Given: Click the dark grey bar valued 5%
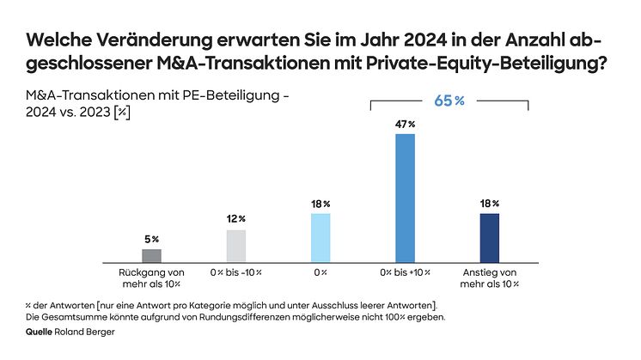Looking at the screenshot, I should (151, 254).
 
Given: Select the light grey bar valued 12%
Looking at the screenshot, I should (235, 245).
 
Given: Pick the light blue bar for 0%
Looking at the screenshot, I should (320, 236).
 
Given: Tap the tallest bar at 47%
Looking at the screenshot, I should (405, 197).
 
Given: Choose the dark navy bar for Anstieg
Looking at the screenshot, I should (489, 236).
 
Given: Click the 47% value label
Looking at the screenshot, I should (405, 124).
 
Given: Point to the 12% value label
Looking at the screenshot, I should (235, 219).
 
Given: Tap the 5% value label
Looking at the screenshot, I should (151, 238).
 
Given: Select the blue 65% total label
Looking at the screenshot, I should (449, 101).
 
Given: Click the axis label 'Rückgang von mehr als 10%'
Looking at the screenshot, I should (151, 278).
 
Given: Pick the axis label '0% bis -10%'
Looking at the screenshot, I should (235, 272).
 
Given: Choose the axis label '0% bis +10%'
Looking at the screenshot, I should (405, 272).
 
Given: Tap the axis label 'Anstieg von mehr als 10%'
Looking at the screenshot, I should (489, 278).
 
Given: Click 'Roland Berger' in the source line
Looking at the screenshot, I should (90, 331).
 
